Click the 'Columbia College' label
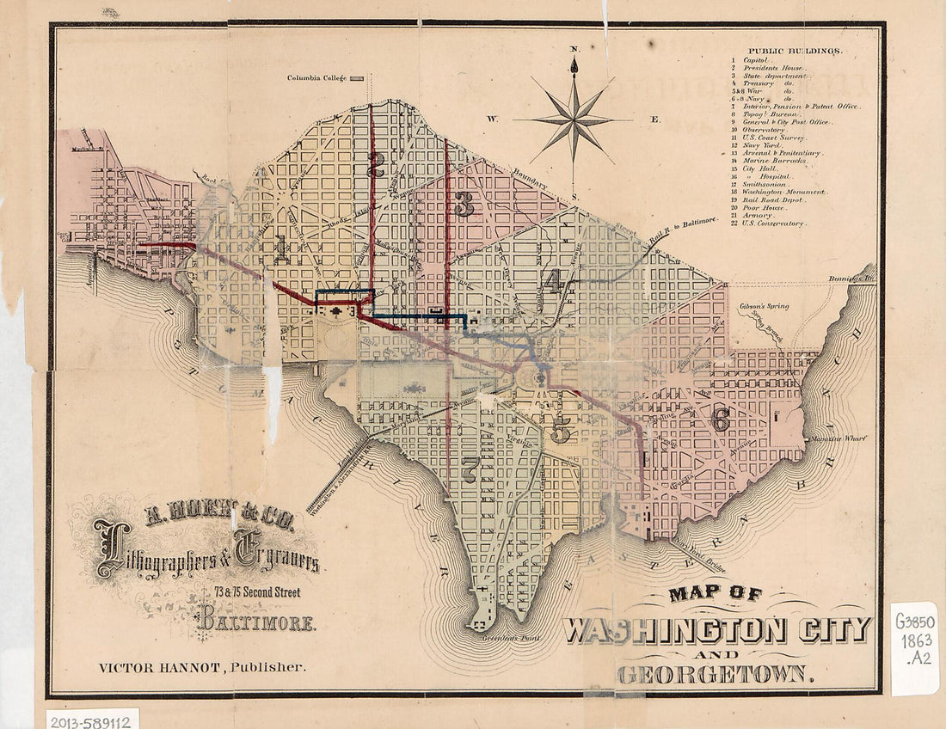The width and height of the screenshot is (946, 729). pyautogui.click(x=316, y=78)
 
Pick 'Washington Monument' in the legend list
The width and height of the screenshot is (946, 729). pyautogui.click(x=783, y=192)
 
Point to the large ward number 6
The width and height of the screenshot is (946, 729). pyautogui.click(x=721, y=419)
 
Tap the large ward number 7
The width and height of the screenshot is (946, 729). pyautogui.click(x=470, y=469)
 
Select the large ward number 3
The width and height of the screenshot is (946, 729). pyautogui.click(x=465, y=205)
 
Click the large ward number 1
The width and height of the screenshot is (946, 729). pyautogui.click(x=281, y=249)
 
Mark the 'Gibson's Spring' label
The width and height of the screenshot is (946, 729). pyautogui.click(x=764, y=306)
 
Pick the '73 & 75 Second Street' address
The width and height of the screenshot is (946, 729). pyautogui.click(x=258, y=591)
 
